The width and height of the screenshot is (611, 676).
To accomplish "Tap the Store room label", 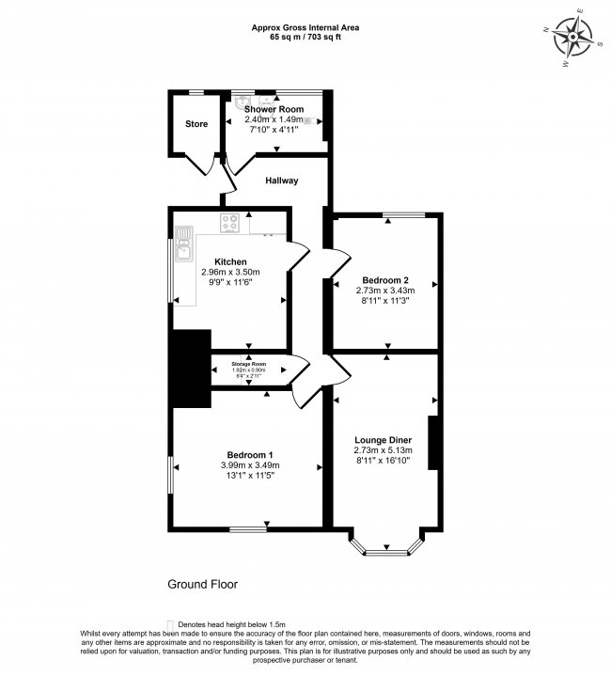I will pyautogui.click(x=196, y=124).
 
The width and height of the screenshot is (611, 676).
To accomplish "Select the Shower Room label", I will pyautogui.click(x=274, y=109).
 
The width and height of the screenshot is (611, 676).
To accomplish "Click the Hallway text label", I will pyautogui.click(x=281, y=181).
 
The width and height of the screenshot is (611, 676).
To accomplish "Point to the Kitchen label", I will pyautogui.click(x=230, y=261).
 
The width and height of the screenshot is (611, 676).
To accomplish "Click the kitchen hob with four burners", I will pyautogui.click(x=228, y=223).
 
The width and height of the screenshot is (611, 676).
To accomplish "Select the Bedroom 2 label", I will pyautogui.click(x=385, y=280).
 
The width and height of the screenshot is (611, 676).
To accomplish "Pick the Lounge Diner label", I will pyautogui.click(x=385, y=439).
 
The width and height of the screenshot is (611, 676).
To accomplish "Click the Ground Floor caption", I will pyautogui.click(x=202, y=584).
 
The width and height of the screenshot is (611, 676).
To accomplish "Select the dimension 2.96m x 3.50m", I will pyautogui.click(x=230, y=272).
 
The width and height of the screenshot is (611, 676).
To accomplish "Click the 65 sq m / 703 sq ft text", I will pyautogui.click(x=305, y=39).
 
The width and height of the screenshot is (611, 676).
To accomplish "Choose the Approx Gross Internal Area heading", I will pyautogui.click(x=305, y=28).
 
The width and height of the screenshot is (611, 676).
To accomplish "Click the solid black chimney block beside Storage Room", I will pyautogui.click(x=191, y=369).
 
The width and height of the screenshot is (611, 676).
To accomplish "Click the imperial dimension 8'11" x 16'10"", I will pyautogui.click(x=385, y=461).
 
